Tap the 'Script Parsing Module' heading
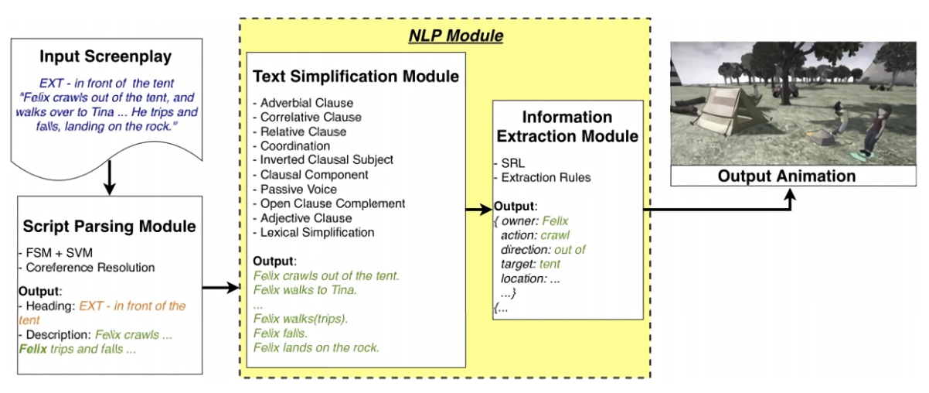click(109, 227)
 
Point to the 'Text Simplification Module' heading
click(356, 77)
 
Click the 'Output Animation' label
click(787, 176)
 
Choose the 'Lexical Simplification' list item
click(318, 232)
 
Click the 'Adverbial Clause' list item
click(306, 102)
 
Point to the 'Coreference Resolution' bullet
click(89, 268)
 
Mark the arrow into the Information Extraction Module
click(478, 207)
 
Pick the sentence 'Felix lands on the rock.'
click(316, 348)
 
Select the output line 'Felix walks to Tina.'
click(305, 289)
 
